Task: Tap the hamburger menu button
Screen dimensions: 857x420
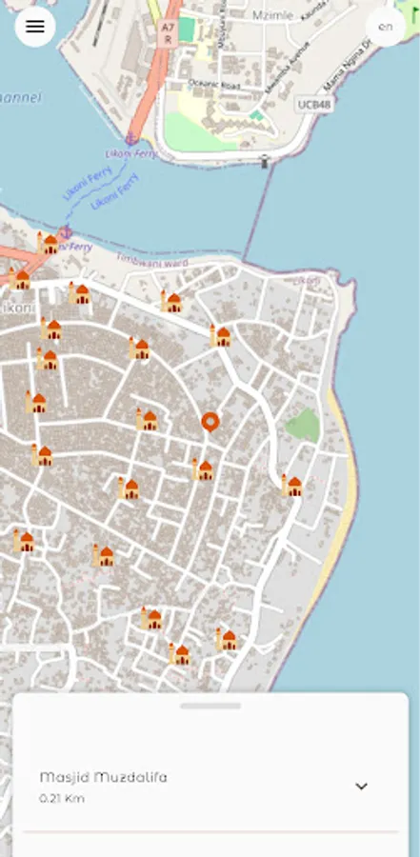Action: pyautogui.click(x=35, y=27)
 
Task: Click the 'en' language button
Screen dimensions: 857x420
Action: pyautogui.click(x=385, y=27)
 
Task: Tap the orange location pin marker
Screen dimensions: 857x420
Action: pyautogui.click(x=210, y=421)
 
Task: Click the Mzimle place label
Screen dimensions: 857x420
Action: pyautogui.click(x=273, y=15)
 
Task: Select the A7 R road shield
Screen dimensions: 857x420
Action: pyautogui.click(x=168, y=33)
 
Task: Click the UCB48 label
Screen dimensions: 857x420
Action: pyautogui.click(x=314, y=103)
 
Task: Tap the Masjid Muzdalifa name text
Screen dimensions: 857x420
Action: pyautogui.click(x=103, y=777)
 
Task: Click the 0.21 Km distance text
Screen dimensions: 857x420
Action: pyautogui.click(x=62, y=798)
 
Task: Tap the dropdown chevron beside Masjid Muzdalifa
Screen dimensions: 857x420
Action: pyautogui.click(x=361, y=787)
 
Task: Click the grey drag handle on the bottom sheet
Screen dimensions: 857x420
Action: pyautogui.click(x=210, y=706)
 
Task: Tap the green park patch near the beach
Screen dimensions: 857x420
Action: pyautogui.click(x=303, y=424)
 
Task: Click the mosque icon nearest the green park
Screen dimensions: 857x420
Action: pyautogui.click(x=291, y=486)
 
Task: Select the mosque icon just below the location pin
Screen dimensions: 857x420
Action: pyautogui.click(x=202, y=468)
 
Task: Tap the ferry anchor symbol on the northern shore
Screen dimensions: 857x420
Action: pyautogui.click(x=131, y=140)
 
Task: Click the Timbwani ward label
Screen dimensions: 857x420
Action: pyautogui.click(x=151, y=260)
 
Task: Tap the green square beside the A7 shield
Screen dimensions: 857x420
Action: pyautogui.click(x=187, y=30)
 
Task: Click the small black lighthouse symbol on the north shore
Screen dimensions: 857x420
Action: pyautogui.click(x=265, y=162)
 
